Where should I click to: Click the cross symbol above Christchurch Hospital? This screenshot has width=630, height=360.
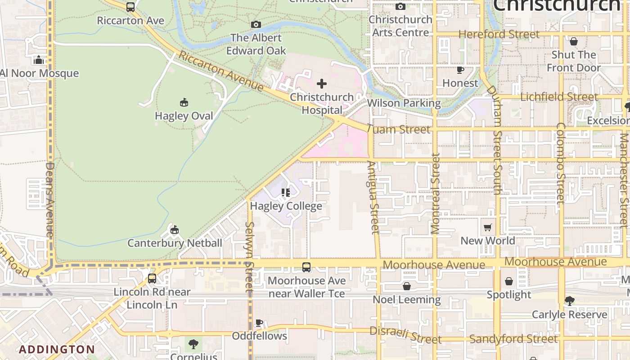321,84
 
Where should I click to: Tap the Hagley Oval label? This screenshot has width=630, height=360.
184,116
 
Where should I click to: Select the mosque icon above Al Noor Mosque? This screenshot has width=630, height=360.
39,60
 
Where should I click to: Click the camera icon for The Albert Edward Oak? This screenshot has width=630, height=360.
256,25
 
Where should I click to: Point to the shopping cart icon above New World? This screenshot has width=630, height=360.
488,227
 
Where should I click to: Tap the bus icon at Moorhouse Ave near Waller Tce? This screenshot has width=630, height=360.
306,267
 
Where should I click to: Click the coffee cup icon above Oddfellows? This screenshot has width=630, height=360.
259,323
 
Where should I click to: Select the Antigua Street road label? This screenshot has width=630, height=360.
373,198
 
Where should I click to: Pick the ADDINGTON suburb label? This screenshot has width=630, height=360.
57,349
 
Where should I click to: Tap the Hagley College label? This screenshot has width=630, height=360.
286,206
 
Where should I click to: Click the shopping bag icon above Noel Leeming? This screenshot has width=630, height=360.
406,286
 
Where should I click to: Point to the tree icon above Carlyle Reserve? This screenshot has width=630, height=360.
569,301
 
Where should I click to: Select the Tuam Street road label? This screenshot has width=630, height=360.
398,130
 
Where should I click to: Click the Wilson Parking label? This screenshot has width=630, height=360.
404,103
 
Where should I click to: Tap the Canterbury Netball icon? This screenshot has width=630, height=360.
175,230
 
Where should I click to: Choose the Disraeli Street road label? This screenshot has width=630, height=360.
405,335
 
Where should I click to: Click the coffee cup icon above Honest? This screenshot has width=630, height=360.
460,70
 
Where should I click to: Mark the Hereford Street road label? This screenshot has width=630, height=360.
499,34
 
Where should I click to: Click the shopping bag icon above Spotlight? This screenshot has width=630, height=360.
508,281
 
